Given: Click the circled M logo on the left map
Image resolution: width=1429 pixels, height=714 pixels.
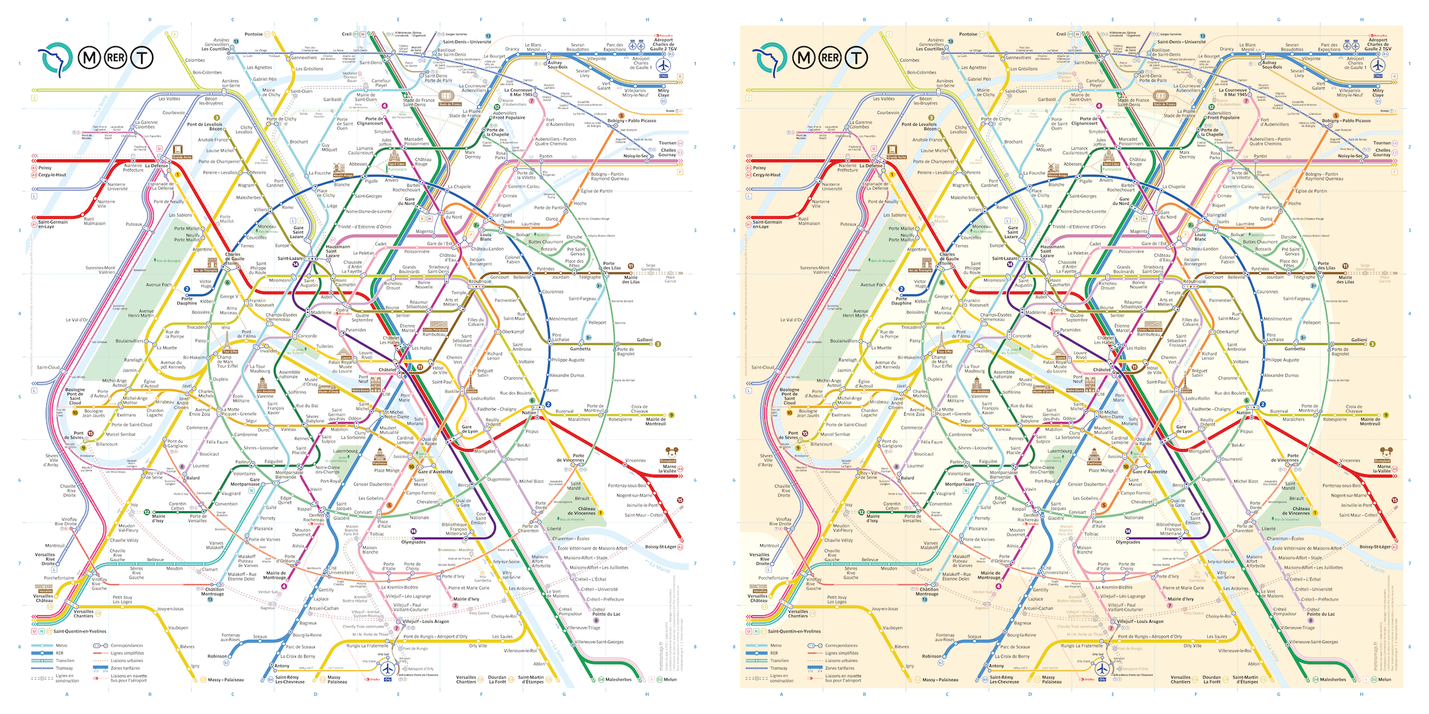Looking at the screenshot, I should pos(89,58).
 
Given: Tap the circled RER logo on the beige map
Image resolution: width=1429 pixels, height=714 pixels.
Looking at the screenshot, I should pos(831,58).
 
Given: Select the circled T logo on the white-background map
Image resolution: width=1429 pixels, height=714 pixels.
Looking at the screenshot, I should pos(142,58).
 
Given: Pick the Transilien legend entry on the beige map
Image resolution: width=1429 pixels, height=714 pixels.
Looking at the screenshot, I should pos(779,660).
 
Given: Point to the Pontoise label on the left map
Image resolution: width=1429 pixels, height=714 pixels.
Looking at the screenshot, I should pos(254,34).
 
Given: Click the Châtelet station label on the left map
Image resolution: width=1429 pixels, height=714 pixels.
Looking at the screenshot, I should pos(387,370).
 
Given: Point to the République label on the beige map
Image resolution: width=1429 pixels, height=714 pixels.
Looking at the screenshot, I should pos(1194,281).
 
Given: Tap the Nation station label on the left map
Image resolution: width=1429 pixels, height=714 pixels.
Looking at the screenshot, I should pos(529,412).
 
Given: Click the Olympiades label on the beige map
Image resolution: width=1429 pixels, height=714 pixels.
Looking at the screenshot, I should pos(1128,541).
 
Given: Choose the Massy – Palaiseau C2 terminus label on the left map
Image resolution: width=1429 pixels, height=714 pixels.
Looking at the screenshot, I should pos(226,680).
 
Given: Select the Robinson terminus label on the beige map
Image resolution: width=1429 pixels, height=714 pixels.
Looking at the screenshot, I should pos(931,656).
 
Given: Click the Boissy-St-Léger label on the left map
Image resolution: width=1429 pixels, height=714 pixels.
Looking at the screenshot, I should pos(660,547).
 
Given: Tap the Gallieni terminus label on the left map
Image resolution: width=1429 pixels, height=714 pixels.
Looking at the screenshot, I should pos(645,340).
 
